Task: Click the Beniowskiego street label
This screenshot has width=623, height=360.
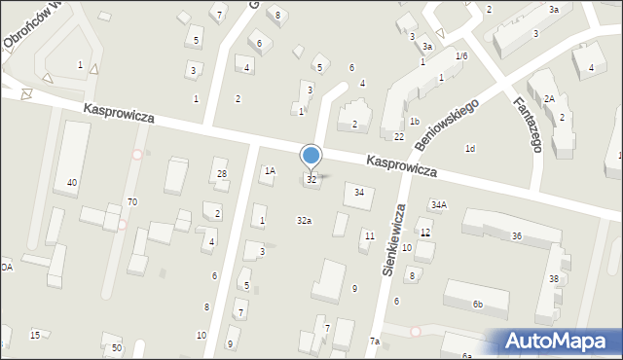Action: tap(447, 124)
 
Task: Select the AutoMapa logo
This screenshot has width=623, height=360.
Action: tap(560, 342)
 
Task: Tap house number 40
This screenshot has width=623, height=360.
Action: tap(72, 183)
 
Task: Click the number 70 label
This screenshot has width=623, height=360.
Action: tap(132, 201)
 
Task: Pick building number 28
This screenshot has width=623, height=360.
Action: tap(222, 174)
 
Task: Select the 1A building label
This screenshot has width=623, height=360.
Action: tap(270, 171)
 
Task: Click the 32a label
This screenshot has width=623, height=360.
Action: tap(304, 221)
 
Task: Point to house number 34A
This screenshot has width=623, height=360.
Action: tap(439, 204)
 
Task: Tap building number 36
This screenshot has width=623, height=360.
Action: tap(517, 236)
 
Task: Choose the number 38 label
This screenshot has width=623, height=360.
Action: tap(554, 278)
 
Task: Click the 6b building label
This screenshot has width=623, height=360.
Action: tap(478, 305)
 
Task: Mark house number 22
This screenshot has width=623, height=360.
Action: tap(399, 136)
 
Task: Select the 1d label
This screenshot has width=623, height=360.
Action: tap(470, 149)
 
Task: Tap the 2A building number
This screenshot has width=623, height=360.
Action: tap(549, 98)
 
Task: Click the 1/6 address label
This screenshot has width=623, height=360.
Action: tap(461, 56)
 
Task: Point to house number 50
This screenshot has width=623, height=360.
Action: tap(116, 347)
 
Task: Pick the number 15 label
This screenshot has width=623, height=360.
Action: tap(35, 335)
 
